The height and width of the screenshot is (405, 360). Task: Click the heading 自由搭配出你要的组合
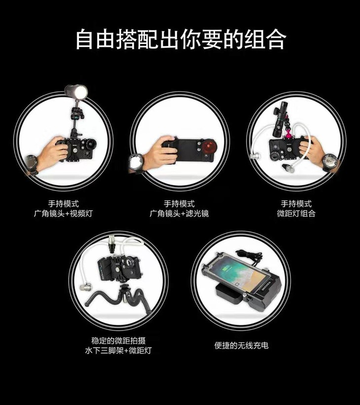181,39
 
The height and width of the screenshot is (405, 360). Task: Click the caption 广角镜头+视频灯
63,213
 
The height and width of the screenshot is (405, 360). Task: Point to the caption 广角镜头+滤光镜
179,213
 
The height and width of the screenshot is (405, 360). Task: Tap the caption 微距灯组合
296,213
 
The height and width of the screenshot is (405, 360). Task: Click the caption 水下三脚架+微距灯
118,351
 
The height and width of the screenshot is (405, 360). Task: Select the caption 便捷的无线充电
241,345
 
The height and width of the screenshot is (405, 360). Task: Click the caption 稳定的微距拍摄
118,341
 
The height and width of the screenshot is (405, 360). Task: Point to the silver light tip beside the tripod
85,287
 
